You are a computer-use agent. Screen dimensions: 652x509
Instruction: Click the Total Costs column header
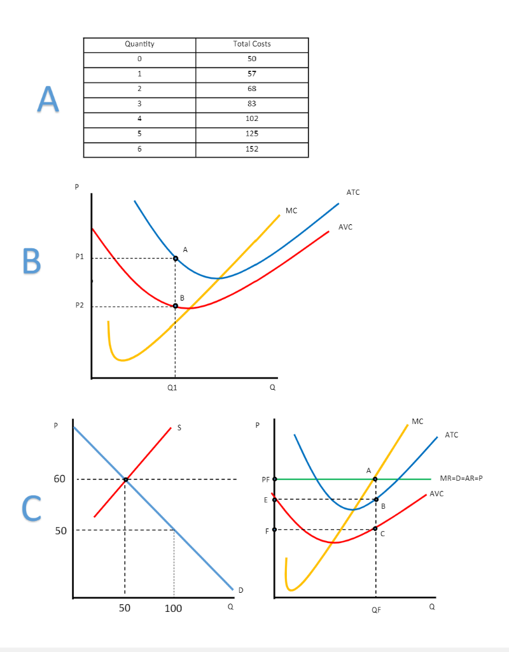coord(252,44)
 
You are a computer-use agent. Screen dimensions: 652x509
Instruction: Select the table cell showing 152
coord(252,149)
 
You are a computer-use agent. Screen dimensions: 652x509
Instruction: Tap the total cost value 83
coord(252,104)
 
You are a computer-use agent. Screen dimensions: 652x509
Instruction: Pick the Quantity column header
coord(139,44)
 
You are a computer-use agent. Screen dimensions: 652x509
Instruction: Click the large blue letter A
coord(47,99)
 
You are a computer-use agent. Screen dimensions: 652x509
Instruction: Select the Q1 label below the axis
coord(173,387)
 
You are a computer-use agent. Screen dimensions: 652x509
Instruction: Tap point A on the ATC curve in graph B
coord(176,258)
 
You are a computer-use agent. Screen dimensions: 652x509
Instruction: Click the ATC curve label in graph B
coord(353,192)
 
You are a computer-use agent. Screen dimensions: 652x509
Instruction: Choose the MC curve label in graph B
coord(291,210)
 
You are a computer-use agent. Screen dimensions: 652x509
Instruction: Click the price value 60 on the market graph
coord(59,479)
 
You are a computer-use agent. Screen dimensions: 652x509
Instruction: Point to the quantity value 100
coord(173,609)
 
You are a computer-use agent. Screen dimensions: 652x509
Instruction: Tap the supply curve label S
coord(179,428)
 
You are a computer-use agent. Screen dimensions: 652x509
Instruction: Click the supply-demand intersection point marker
coord(125,479)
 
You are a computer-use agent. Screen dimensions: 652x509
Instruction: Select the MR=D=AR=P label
coord(461,478)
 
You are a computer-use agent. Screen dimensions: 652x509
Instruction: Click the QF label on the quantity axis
coord(377,610)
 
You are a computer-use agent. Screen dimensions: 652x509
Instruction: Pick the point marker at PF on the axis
coord(275,479)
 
